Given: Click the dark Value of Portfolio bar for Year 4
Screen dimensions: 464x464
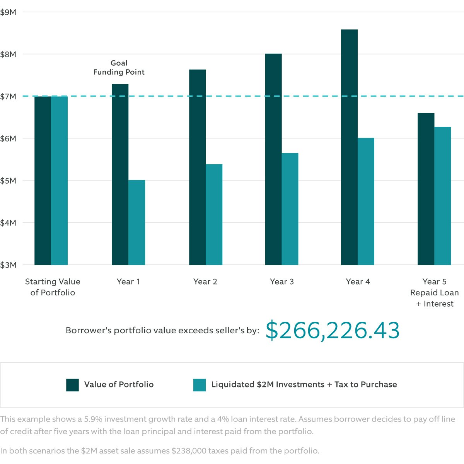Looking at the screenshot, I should [349, 147].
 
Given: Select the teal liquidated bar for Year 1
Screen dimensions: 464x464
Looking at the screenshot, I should [136, 222].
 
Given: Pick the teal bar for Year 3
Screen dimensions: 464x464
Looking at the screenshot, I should [290, 209].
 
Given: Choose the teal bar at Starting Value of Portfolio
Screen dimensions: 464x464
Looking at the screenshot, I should [60, 180].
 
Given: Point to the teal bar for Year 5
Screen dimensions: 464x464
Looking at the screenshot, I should [443, 196].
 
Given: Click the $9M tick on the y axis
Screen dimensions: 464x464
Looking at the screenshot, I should [9, 12].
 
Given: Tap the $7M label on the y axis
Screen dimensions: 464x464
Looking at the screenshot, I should [9, 96].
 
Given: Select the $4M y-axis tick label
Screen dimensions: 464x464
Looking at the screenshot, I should [9, 223].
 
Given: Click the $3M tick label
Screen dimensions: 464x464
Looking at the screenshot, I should [9, 265].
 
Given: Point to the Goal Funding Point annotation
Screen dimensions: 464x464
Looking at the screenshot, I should [119, 68].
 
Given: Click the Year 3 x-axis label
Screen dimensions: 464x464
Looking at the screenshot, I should [282, 281].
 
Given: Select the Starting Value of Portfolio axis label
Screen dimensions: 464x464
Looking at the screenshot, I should [53, 287].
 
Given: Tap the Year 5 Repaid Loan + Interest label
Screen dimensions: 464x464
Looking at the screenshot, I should [435, 293].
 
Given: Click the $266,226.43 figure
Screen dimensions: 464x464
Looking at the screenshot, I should [333, 331].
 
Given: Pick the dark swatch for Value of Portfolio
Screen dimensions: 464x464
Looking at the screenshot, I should [72, 385].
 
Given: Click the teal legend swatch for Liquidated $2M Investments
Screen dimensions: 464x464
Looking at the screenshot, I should [200, 385].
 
